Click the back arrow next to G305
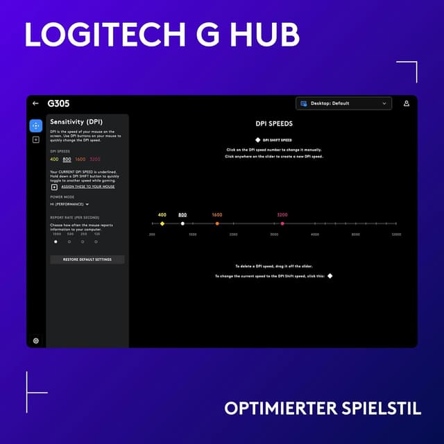coord(35,103)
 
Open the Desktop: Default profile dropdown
coord(343,103)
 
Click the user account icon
coord(407,103)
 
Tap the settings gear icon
coord(36,341)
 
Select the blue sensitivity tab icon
coord(36,126)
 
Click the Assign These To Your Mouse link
coord(88,187)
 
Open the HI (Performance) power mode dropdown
coord(69,204)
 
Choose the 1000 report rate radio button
coord(56,242)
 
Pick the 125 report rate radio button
coord(96,242)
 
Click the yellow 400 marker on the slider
coord(162,223)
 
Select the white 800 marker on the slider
coord(182,223)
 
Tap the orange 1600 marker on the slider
coord(217,223)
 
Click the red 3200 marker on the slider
coord(282,223)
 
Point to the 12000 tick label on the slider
coord(396,234)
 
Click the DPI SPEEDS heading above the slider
coord(275,123)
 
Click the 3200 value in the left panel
coord(95,160)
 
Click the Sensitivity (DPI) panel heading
coord(76,121)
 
